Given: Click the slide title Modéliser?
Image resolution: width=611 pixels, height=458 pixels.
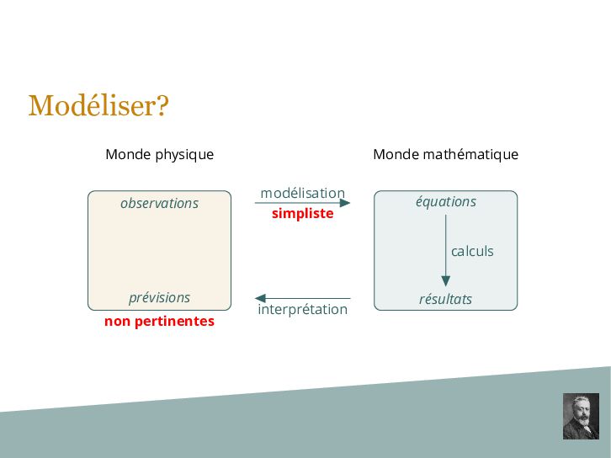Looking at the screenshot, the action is [98, 106].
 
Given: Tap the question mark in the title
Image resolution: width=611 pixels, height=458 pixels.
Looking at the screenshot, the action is [162, 106].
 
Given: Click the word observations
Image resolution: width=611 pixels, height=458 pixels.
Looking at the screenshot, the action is [159, 203].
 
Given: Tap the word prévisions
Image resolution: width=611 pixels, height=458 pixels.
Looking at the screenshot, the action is [159, 297].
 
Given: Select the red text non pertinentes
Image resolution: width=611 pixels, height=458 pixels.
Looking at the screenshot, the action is [159, 321].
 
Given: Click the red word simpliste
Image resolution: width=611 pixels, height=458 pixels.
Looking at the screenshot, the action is [302, 214].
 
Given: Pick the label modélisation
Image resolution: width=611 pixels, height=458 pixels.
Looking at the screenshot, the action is [302, 193].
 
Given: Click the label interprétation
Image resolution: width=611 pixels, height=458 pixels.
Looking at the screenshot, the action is [302, 309].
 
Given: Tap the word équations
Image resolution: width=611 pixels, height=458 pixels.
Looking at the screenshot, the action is [445, 201].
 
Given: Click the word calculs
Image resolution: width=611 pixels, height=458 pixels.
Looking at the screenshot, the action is [472, 251].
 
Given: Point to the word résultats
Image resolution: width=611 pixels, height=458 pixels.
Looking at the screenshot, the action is [445, 299].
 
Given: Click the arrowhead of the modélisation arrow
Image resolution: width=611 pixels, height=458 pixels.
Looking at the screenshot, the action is [345, 203].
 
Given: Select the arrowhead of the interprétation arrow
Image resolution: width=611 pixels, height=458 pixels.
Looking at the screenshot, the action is [260, 298].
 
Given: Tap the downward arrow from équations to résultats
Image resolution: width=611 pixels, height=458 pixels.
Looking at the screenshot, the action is [445, 253].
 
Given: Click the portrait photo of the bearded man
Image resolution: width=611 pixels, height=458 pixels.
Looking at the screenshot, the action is [580, 416].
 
